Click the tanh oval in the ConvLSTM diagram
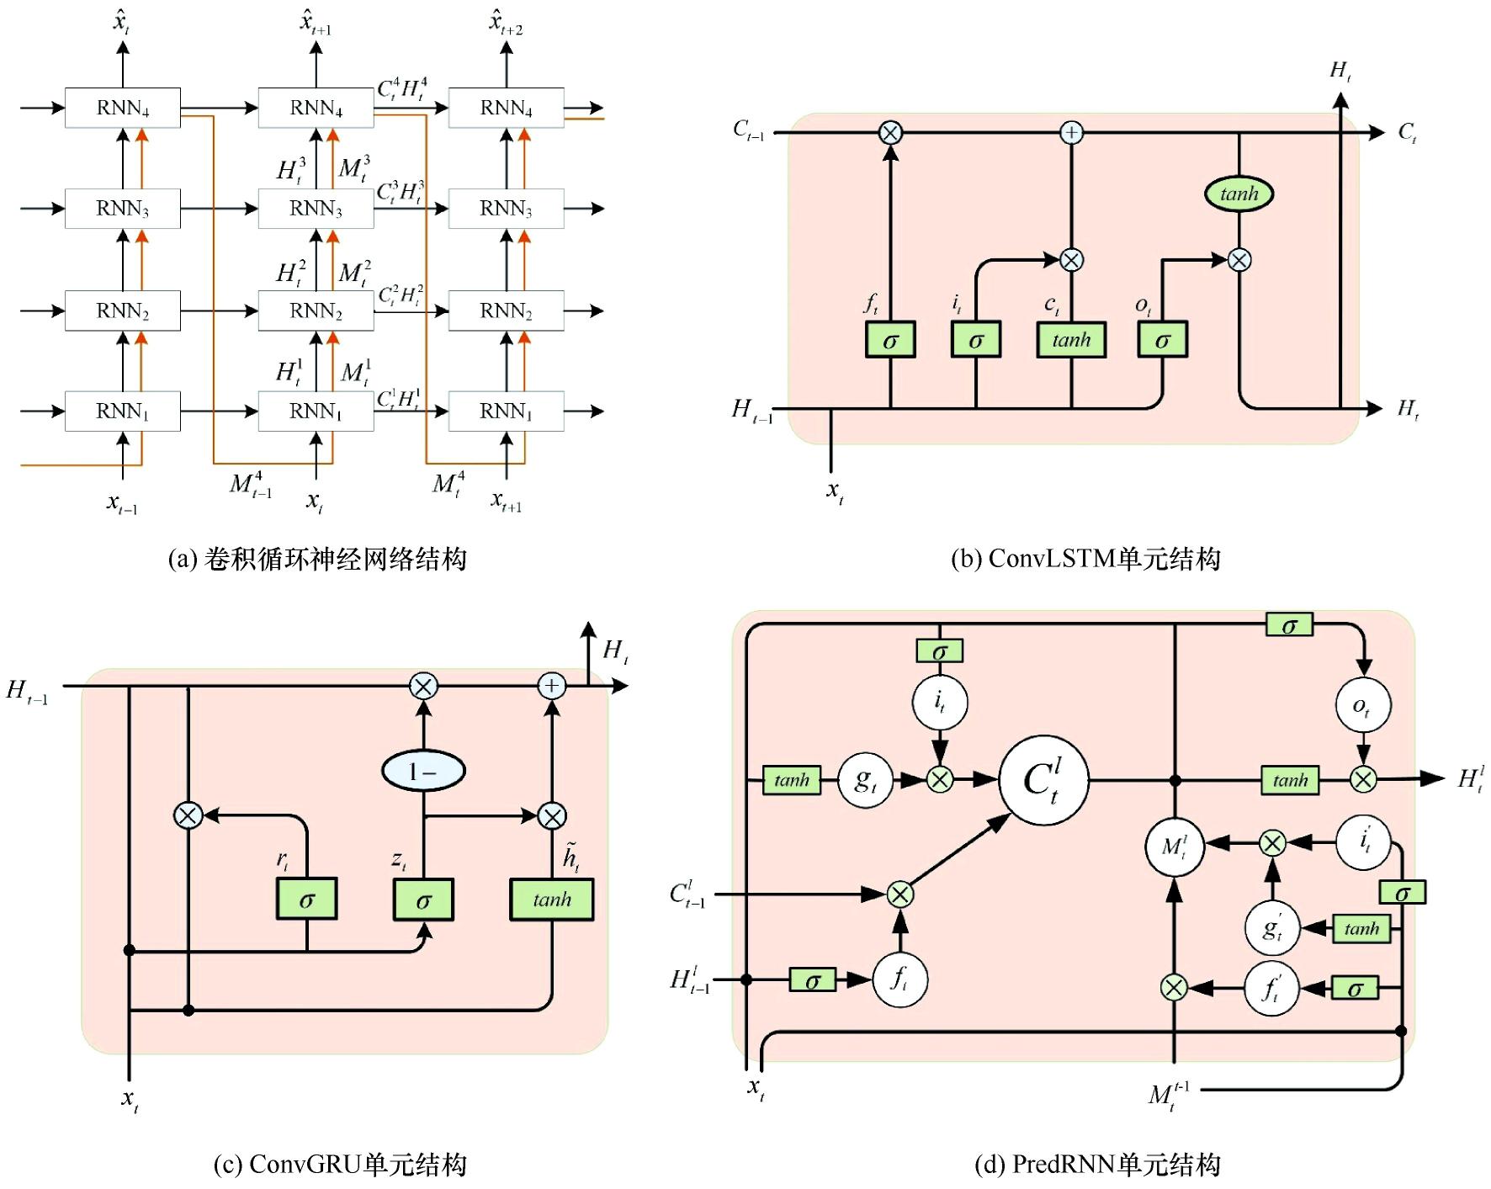pos(1239,194)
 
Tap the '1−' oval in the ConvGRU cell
pos(423,771)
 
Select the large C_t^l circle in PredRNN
pos(1043,780)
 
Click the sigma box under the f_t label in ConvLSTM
pos(890,340)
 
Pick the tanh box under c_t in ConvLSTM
pos(1070,340)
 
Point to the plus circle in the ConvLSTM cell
pos(1071,133)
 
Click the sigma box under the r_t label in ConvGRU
pos(306,900)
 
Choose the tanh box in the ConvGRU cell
pos(551,900)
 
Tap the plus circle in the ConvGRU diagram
pos(551,686)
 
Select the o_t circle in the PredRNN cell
pos(1362,705)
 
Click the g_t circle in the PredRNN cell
pos(865,780)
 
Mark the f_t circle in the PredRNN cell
pos(899,979)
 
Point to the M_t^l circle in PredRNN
pos(1175,846)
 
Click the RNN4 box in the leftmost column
pos(123,108)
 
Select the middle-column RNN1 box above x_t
pos(316,411)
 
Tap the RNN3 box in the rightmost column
pos(506,208)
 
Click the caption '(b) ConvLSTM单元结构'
pos(1085,559)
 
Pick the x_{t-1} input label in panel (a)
pos(122,503)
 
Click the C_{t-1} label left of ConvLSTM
pos(748,130)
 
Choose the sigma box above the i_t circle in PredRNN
pos(939,651)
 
